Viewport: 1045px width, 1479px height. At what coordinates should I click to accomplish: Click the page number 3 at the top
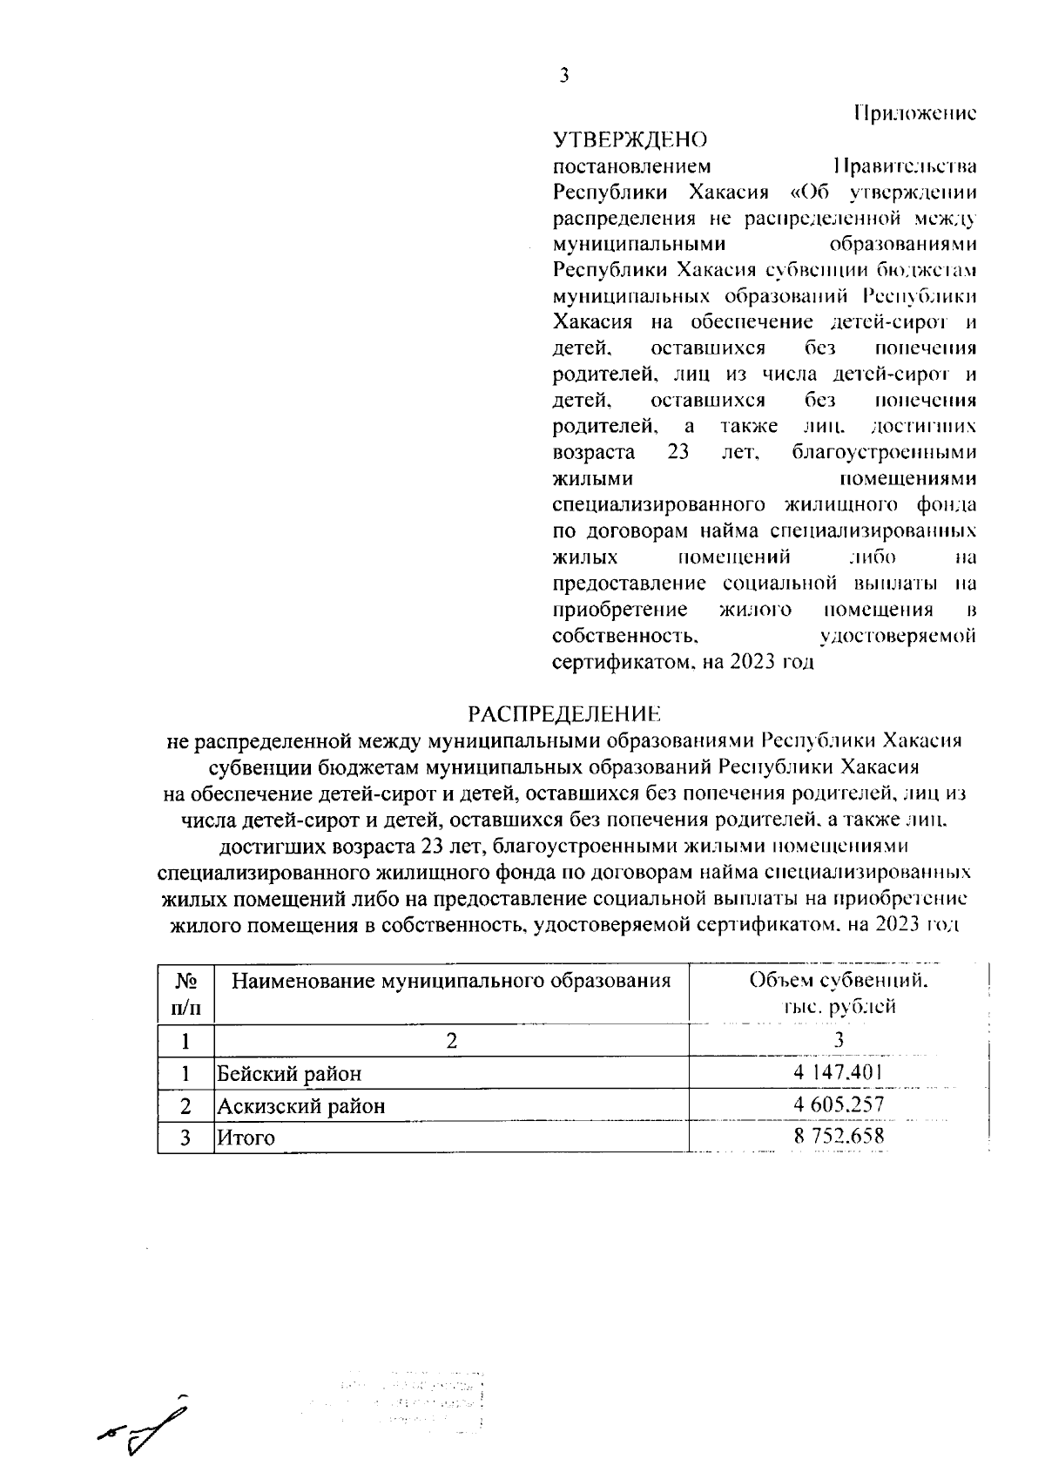pyautogui.click(x=563, y=76)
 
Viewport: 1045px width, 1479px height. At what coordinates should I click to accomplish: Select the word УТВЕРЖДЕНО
pyautogui.click(x=630, y=139)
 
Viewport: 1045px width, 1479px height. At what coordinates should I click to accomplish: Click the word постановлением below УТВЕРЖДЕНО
pyautogui.click(x=632, y=165)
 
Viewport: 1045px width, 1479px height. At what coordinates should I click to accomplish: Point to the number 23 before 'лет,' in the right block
pyautogui.click(x=678, y=453)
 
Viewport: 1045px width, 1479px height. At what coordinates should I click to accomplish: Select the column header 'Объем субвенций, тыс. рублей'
pyautogui.click(x=838, y=994)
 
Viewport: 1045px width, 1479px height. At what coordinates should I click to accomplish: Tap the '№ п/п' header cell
pyautogui.click(x=185, y=994)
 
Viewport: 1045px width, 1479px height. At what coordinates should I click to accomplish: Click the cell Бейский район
pyautogui.click(x=289, y=1074)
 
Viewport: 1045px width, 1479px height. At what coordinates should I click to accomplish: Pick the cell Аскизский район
pyautogui.click(x=300, y=1106)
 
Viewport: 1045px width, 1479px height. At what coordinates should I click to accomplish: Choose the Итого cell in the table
pyautogui.click(x=246, y=1138)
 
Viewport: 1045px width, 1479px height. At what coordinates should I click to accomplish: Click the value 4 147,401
pyautogui.click(x=838, y=1073)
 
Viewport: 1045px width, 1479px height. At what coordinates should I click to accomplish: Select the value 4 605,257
pyautogui.click(x=838, y=1105)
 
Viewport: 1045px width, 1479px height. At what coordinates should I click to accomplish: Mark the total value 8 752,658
pyautogui.click(x=838, y=1137)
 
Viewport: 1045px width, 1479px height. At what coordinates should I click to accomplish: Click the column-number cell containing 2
pyautogui.click(x=451, y=1040)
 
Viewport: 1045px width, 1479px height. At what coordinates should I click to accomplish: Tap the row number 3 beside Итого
pyautogui.click(x=185, y=1138)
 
